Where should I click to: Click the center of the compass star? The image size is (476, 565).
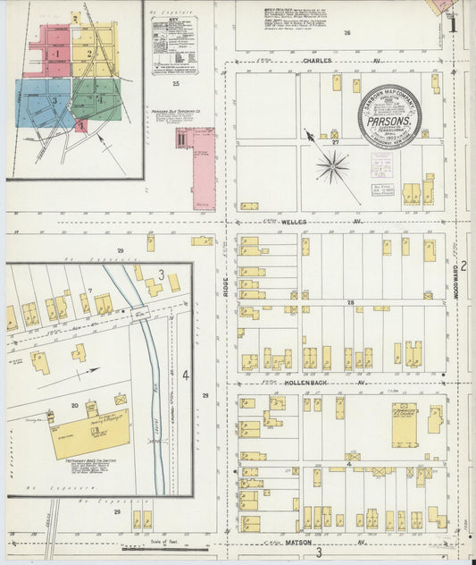(x=332, y=165)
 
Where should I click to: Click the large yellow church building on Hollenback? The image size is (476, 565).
(x=405, y=424)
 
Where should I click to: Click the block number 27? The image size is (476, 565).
(x=335, y=142)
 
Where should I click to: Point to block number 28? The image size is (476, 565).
(x=351, y=303)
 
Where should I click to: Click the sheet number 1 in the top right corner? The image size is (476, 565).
(x=454, y=26)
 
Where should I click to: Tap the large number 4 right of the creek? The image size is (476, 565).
(x=186, y=375)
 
